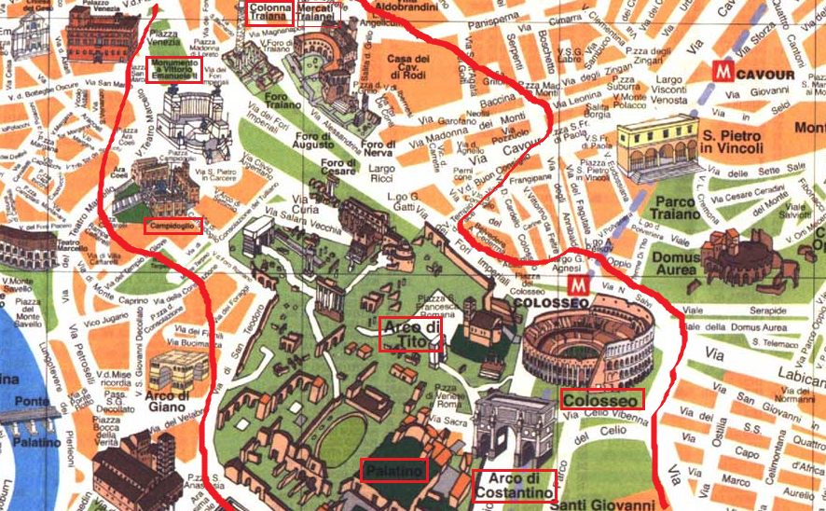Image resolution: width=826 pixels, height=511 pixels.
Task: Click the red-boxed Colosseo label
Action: click(601, 399)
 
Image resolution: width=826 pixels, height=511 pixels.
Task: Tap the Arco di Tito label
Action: click(409, 335)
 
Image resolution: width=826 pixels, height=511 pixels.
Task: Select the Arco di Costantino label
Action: click(514, 485)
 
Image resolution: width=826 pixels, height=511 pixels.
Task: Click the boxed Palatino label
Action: click(393, 470)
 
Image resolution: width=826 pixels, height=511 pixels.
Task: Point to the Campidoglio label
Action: click(172, 226)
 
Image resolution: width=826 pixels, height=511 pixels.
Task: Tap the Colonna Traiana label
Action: click(270, 12)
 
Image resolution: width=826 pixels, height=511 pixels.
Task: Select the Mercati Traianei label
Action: click(318, 12)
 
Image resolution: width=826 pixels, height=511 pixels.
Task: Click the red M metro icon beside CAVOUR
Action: click(720, 71)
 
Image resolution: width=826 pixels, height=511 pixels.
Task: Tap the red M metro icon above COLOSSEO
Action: click(579, 283)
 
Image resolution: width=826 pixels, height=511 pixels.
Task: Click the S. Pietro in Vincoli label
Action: click(732, 141)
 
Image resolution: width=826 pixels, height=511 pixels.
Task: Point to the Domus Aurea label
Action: click(676, 264)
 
